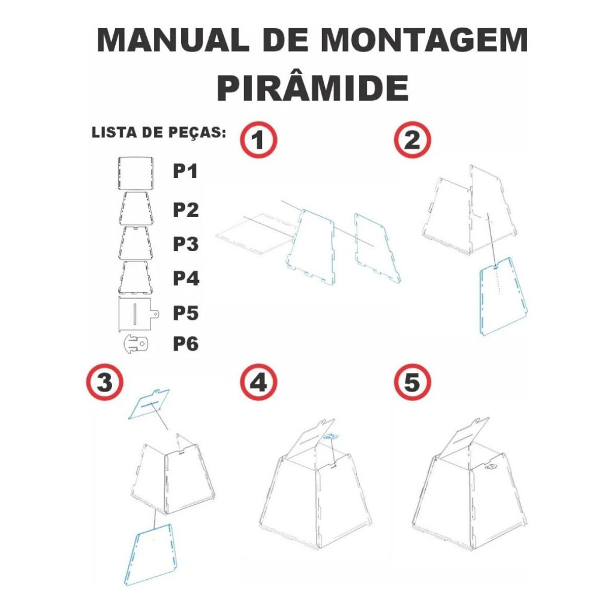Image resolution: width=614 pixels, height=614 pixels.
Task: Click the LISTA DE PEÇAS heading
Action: click(x=158, y=133)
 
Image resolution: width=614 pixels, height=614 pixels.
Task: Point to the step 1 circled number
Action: click(x=258, y=140)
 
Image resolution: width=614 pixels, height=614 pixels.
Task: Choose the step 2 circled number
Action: click(x=413, y=140)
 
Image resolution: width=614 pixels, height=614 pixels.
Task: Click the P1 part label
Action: click(x=186, y=171)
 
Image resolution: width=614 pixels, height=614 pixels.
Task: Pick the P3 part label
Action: click(x=186, y=244)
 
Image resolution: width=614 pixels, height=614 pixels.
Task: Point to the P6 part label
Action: click(x=186, y=344)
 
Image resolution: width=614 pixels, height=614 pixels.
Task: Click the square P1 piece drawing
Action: click(x=136, y=173)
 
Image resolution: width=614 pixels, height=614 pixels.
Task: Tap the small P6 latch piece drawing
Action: click(x=136, y=344)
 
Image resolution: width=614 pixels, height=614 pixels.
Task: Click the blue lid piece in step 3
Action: click(x=149, y=404)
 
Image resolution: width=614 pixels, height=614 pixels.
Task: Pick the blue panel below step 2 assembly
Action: click(x=503, y=296)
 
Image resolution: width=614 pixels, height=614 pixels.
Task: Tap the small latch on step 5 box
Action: click(x=490, y=466)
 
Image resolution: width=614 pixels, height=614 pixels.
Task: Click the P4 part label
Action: click(x=186, y=278)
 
